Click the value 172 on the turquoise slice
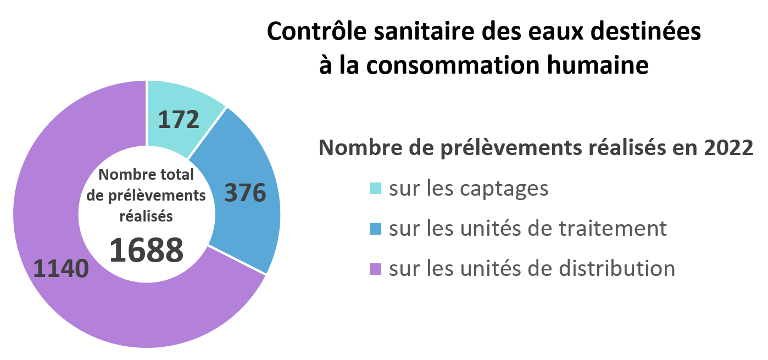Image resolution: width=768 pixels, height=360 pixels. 179,120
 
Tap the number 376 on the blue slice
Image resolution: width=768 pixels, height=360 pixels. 246,193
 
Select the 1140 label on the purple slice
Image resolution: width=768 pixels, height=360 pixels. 61,269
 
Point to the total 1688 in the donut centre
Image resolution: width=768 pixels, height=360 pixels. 146,250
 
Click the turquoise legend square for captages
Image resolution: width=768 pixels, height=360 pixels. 375,189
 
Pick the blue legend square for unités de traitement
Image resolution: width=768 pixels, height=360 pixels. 375,229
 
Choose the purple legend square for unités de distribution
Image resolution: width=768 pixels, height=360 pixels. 375,269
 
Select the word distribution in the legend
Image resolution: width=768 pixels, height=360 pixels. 616,268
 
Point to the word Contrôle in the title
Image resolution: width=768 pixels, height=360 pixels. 308,32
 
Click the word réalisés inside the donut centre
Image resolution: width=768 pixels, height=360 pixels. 146,217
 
